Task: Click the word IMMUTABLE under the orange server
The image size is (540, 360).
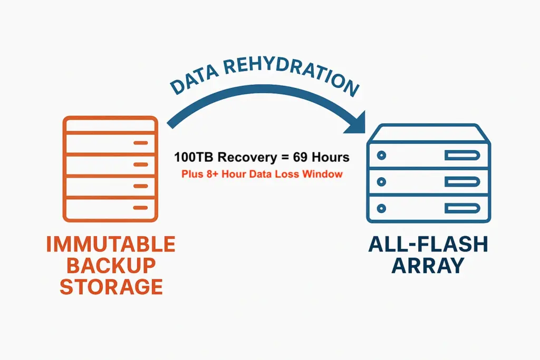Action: click(110, 245)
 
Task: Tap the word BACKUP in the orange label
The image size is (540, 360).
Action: click(110, 266)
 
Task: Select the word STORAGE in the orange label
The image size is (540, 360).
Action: click(110, 287)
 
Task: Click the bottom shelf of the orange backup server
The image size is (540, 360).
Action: click(110, 207)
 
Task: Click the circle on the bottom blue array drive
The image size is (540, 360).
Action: click(381, 208)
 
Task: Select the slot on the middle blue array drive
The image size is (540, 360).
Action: click(461, 181)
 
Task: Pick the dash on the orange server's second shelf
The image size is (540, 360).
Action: click(140, 164)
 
